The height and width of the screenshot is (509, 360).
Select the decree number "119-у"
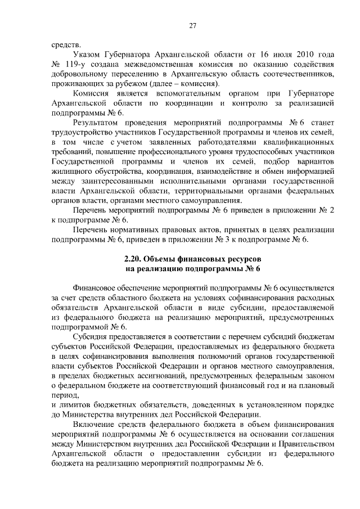tap(76, 65)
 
